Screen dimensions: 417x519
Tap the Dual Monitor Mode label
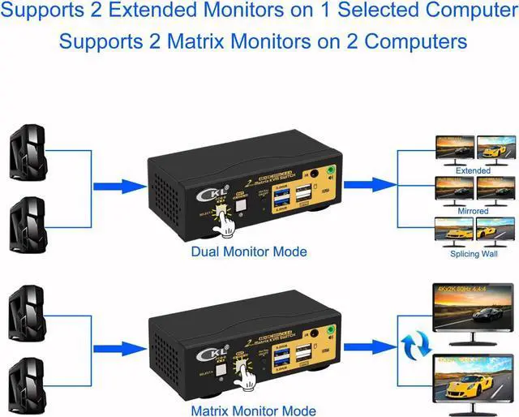[248, 251]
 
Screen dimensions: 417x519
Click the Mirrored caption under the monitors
[473, 211]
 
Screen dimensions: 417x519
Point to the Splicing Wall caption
[473, 253]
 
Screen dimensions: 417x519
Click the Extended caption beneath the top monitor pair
[473, 171]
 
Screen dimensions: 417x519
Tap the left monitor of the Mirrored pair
[454, 190]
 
